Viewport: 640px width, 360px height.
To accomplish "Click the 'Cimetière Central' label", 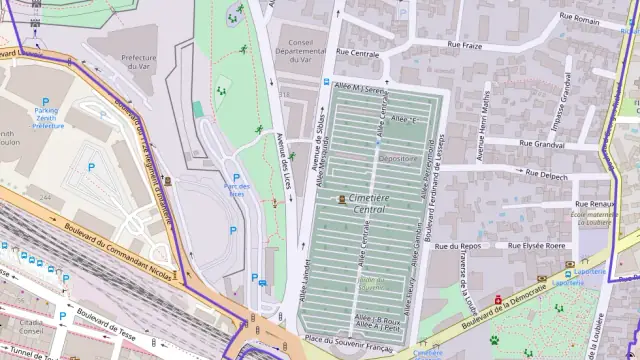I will pos(370,204).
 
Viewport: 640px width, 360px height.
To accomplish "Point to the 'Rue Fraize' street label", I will pos(465,45).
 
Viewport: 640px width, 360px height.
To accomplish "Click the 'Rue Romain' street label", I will pos(579,18).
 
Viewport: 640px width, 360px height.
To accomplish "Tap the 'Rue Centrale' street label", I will pos(357,51).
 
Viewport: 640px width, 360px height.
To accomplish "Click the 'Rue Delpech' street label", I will pos(546,176).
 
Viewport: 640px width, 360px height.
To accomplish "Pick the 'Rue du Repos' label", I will pos(458,245).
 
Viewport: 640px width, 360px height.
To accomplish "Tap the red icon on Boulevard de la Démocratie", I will pos(497,299).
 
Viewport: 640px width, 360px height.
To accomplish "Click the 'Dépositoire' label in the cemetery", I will pos(398,158).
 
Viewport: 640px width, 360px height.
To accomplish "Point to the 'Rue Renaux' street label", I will pos(594,204).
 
